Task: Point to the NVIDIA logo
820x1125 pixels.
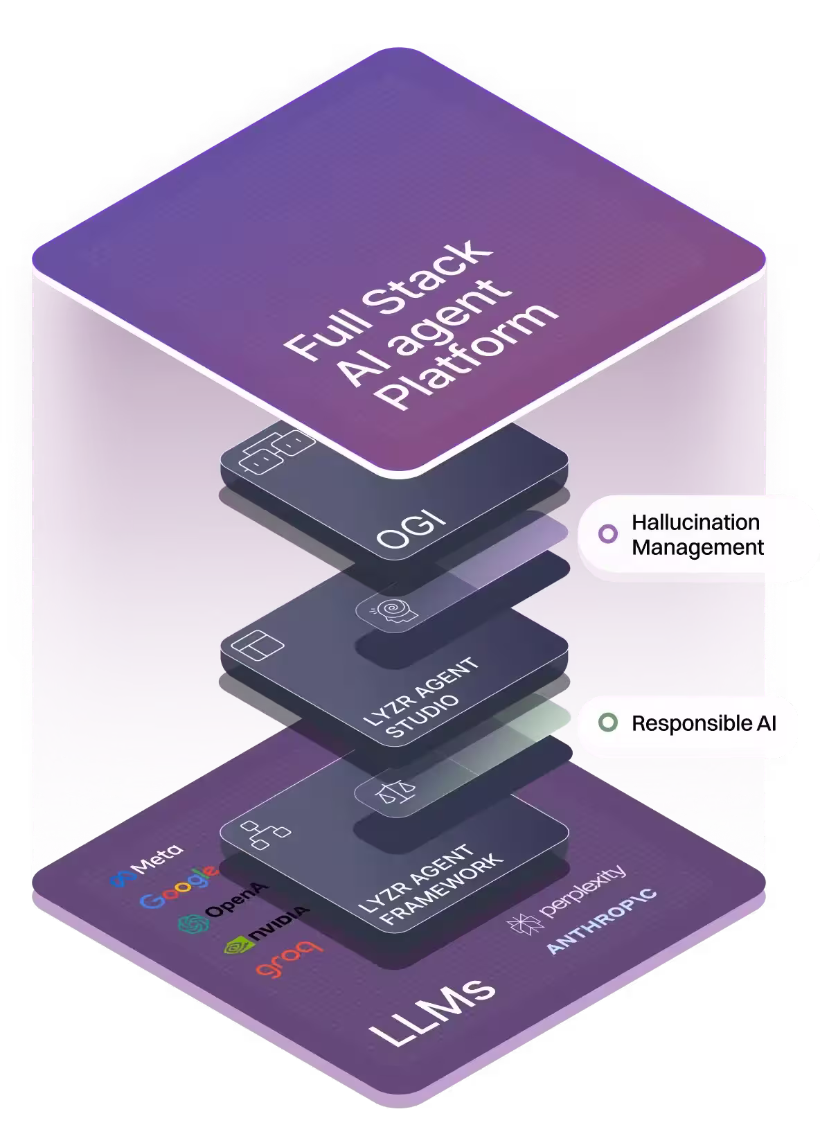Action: coord(266,929)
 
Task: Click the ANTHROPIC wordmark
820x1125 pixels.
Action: coord(601,921)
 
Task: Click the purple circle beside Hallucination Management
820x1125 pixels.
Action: coord(607,533)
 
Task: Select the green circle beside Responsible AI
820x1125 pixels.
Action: coord(607,723)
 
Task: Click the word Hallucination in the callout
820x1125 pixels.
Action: coord(695,522)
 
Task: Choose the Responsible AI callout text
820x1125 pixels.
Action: coord(704,723)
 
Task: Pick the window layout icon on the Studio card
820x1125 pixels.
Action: coord(257,644)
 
